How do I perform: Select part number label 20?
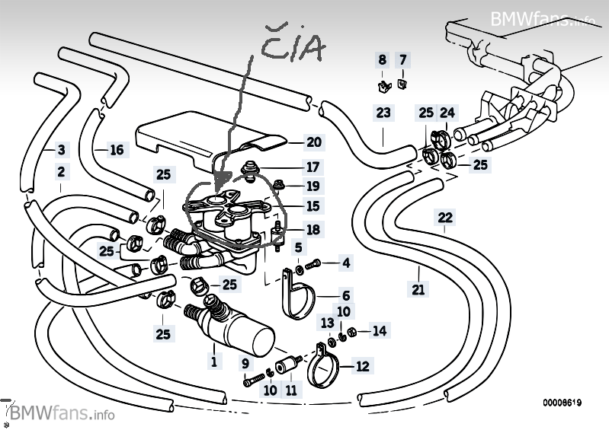(x=314, y=142)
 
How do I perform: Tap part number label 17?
(x=314, y=167)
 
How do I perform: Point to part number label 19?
(x=314, y=186)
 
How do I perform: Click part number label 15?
(x=314, y=206)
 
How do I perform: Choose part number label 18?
(x=314, y=229)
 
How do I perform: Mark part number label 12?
(x=362, y=367)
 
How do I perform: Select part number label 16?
(x=116, y=150)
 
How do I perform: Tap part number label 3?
(x=62, y=149)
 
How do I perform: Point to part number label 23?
(x=383, y=113)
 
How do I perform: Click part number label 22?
(x=445, y=218)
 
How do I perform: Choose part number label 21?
(x=418, y=288)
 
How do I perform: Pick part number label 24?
(x=447, y=113)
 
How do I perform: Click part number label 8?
(x=383, y=59)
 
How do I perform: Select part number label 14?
(x=379, y=330)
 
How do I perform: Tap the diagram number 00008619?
(x=563, y=402)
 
